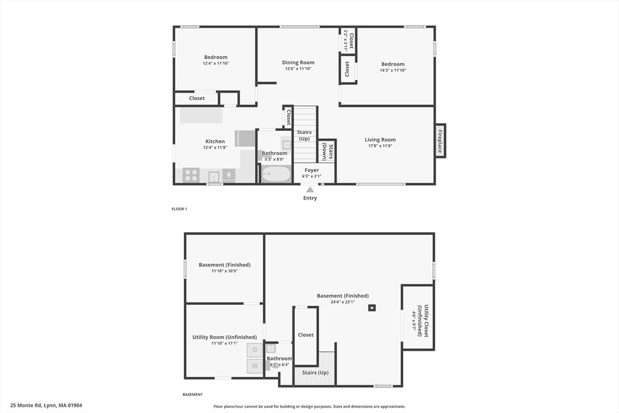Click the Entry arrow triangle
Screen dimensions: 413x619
coord(309,190)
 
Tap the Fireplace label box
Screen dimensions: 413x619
coord(441,140)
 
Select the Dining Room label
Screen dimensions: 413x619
coord(298,62)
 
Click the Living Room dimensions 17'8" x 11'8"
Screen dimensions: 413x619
coord(380,146)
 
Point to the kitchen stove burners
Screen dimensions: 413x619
coord(191,175)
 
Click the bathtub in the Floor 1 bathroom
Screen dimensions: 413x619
coord(276,174)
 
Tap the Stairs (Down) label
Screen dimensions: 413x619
coord(327,151)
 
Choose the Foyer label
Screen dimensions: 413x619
coord(311,170)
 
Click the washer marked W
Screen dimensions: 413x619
coord(254,366)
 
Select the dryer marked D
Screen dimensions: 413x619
coord(254,350)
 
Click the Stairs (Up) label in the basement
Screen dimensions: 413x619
coord(314,372)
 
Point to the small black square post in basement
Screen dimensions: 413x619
coord(372,308)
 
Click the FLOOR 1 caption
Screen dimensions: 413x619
coord(179,209)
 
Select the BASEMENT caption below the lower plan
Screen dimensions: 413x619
coord(192,394)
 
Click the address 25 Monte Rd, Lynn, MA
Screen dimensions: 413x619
coord(46,405)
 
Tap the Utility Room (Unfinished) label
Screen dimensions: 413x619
coord(224,337)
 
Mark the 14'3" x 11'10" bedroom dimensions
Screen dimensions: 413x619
coord(392,70)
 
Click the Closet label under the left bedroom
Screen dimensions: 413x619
coord(196,98)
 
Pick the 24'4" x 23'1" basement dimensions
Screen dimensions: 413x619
coord(342,302)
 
